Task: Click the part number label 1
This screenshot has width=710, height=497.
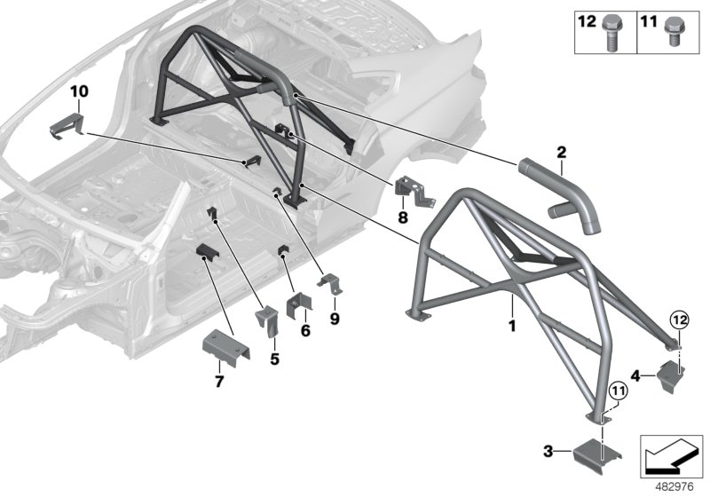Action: [512, 304]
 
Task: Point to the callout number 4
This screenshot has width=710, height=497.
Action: [636, 374]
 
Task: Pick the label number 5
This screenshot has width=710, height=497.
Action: [274, 359]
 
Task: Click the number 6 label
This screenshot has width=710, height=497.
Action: [304, 330]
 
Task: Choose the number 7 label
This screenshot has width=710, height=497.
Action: [219, 381]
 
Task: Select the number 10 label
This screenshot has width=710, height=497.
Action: [79, 91]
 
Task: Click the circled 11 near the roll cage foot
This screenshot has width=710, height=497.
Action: [614, 387]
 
